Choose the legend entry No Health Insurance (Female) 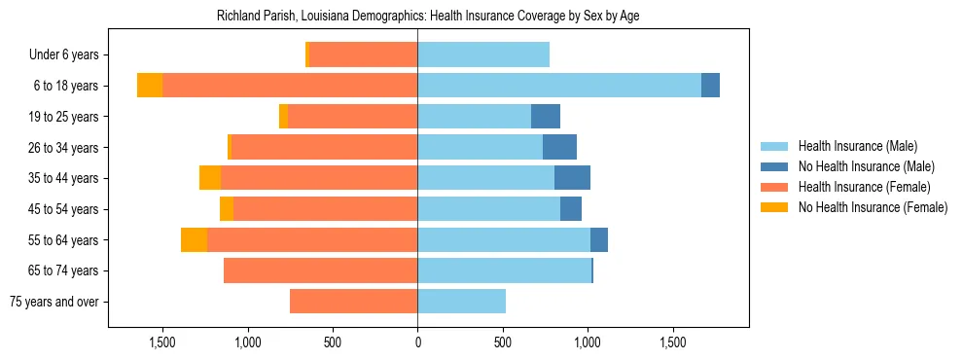(x=872, y=207)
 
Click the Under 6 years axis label (x=70, y=55)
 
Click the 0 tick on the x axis (x=417, y=342)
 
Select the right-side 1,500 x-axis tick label (x=673, y=342)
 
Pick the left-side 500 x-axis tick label (x=333, y=342)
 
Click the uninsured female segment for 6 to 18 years (x=150, y=86)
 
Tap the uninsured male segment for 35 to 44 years (x=572, y=178)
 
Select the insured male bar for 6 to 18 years (x=559, y=86)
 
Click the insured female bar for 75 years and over (x=353, y=302)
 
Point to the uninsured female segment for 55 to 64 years (x=194, y=239)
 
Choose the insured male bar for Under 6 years (x=483, y=54)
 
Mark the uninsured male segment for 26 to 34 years (x=559, y=147)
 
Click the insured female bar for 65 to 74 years (x=320, y=270)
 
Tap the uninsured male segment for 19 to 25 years (x=546, y=117)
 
